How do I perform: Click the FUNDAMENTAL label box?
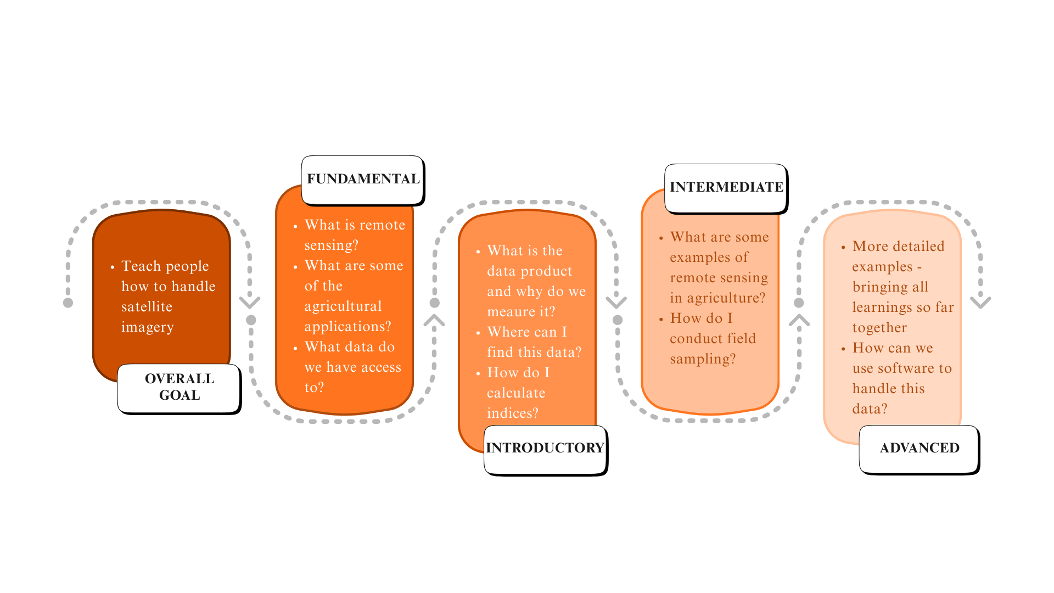point(363,180)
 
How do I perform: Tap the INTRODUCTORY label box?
point(545,449)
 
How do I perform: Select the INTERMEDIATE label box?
point(726,188)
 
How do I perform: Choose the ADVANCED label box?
point(920,449)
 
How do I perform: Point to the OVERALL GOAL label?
point(180,387)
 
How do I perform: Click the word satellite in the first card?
point(147,307)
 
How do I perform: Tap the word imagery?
point(147,327)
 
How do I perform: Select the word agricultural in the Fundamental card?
point(343,306)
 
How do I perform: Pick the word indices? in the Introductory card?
point(512,413)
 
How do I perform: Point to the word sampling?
point(703,359)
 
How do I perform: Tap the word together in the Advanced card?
point(879,328)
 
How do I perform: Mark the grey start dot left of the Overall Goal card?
point(68,303)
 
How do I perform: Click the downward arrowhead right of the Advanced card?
point(980,303)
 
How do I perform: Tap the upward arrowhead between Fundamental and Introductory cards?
point(434,320)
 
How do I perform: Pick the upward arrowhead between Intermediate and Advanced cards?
point(799,320)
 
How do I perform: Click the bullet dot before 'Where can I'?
point(478,333)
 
